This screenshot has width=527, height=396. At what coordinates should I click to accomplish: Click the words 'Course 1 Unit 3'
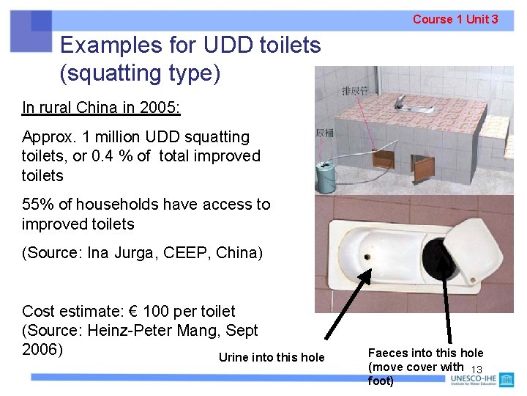click(x=455, y=19)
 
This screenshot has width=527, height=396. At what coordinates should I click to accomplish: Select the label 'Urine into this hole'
click(x=271, y=358)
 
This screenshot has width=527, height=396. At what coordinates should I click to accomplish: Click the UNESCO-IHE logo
click(x=482, y=380)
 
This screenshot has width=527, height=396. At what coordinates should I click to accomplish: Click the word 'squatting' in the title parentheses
click(x=110, y=73)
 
